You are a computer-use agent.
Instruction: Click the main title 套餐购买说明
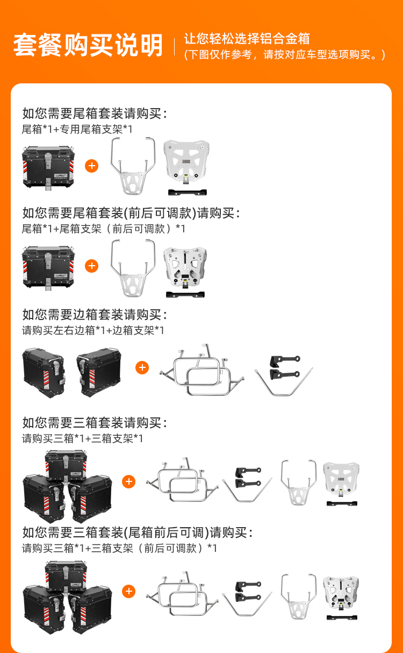click(88, 45)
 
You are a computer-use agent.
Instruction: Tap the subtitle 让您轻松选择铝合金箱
click(247, 39)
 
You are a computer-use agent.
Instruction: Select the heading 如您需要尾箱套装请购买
click(92, 113)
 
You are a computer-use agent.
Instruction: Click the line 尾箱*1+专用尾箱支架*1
click(77, 129)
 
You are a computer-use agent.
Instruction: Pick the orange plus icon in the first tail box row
click(91, 166)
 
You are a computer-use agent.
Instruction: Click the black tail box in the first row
click(48, 167)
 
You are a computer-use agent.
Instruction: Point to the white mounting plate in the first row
click(186, 162)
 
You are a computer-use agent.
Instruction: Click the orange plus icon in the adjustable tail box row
click(91, 266)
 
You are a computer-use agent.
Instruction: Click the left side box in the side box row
click(44, 373)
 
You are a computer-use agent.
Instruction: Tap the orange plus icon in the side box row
click(142, 367)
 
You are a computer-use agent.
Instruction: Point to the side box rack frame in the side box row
click(202, 370)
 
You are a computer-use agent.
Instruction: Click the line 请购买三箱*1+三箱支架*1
click(82, 438)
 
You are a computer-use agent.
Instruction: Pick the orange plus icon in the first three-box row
click(129, 481)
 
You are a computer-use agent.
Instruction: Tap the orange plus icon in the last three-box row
click(129, 591)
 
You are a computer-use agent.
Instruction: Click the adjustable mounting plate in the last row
click(341, 593)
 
